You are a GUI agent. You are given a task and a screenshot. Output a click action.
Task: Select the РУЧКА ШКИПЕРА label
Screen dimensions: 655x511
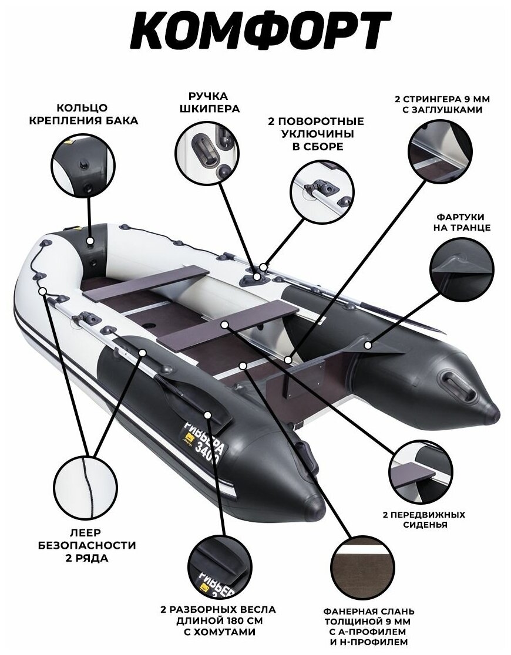(x=209, y=102)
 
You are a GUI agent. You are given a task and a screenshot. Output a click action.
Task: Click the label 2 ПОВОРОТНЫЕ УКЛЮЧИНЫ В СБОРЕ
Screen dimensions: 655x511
(x=316, y=134)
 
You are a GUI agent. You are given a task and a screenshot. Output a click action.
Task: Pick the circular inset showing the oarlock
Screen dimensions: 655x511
(x=322, y=188)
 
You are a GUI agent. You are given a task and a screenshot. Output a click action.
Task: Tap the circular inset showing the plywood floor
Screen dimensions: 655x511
(x=362, y=564)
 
